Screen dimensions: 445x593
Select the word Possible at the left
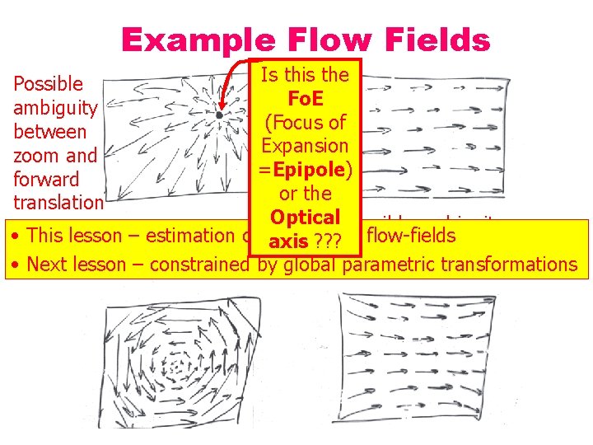(x=49, y=84)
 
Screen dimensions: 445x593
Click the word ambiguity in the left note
(x=55, y=108)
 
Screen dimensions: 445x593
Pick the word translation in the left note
(x=58, y=203)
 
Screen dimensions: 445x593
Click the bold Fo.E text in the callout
(x=305, y=99)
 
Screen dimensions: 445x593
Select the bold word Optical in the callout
(x=305, y=218)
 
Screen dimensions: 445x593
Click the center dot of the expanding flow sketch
(x=218, y=115)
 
